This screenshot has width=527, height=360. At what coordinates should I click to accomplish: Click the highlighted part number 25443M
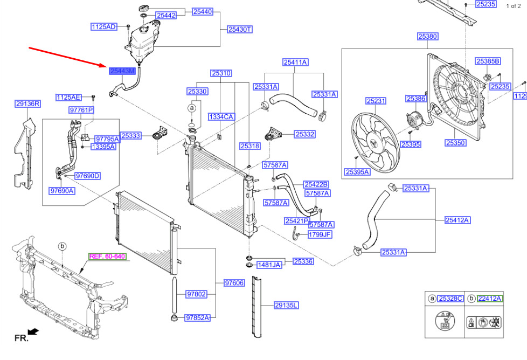pyautogui.click(x=122, y=71)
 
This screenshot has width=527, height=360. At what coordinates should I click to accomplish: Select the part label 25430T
pyautogui.click(x=239, y=30)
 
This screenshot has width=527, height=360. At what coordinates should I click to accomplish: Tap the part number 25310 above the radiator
pyautogui.click(x=221, y=73)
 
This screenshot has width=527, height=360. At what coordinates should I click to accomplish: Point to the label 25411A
pyautogui.click(x=295, y=62)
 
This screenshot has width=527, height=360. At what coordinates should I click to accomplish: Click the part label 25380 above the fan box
pyautogui.click(x=427, y=37)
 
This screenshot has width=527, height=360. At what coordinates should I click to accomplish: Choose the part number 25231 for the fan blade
pyautogui.click(x=376, y=101)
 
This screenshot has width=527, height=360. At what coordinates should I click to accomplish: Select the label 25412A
pyautogui.click(x=457, y=220)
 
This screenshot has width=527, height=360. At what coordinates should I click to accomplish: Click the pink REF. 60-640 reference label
pyautogui.click(x=107, y=257)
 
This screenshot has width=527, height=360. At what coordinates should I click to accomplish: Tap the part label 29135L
pyautogui.click(x=286, y=306)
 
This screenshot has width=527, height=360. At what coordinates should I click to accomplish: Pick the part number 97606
pyautogui.click(x=234, y=283)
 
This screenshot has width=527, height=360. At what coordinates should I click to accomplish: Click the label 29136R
pyautogui.click(x=28, y=103)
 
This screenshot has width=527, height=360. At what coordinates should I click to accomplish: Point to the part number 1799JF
pyautogui.click(x=320, y=234)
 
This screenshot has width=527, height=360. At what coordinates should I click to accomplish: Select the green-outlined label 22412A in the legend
pyautogui.click(x=489, y=299)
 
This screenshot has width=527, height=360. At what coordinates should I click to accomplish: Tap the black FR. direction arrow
pyautogui.click(x=33, y=330)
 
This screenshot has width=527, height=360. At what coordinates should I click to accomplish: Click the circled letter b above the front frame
pyautogui.click(x=62, y=246)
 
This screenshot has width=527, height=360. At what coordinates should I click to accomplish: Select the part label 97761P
pyautogui.click(x=81, y=110)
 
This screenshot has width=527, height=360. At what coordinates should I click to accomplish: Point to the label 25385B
pyautogui.click(x=488, y=61)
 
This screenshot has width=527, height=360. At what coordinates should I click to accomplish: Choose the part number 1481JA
pyautogui.click(x=269, y=265)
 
